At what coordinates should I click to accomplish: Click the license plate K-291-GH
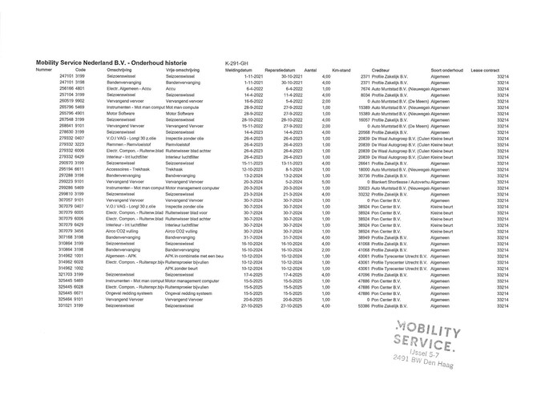point(237,62)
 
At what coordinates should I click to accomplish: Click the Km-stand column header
point(342,70)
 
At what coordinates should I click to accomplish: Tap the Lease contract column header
point(487,70)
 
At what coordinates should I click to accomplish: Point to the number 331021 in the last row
point(70,305)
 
